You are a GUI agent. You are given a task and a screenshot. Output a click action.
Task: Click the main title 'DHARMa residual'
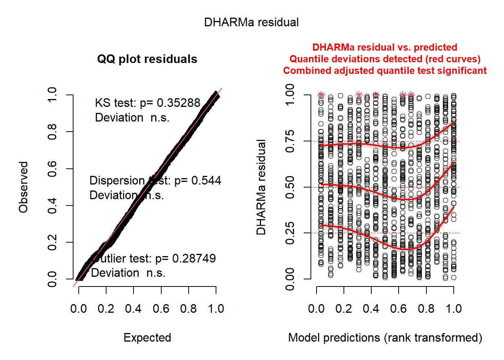[x=251, y=22]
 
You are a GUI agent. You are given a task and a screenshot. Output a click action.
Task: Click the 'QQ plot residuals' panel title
[x=147, y=59]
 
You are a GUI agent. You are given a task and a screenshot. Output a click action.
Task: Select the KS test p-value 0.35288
[x=178, y=103]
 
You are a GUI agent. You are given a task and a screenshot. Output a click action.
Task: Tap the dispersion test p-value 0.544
[x=206, y=181]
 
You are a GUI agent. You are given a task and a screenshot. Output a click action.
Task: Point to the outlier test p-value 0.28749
[x=194, y=258]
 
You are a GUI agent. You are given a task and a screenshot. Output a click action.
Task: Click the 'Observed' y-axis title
[x=24, y=187]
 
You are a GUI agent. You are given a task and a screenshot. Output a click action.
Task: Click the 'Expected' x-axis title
[x=147, y=337]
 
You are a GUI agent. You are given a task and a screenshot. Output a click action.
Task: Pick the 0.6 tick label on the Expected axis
[x=161, y=309]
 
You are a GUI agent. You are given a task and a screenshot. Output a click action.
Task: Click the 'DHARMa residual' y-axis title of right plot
[x=261, y=187]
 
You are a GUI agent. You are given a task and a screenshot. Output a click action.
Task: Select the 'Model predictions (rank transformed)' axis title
[x=385, y=337]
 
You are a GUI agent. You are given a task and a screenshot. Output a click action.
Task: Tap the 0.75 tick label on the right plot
[x=290, y=141]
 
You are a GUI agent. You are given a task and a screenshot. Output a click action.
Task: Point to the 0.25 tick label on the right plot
[x=290, y=233]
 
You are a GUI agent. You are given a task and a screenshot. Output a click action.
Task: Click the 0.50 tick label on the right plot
[x=290, y=187]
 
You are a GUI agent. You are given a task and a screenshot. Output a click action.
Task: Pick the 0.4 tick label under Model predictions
[x=371, y=309]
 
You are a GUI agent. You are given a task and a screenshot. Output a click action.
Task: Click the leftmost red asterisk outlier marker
[x=321, y=95]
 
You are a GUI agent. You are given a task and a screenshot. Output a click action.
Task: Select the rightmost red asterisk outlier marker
[x=411, y=95]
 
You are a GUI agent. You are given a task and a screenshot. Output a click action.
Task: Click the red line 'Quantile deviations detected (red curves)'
[x=385, y=59]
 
